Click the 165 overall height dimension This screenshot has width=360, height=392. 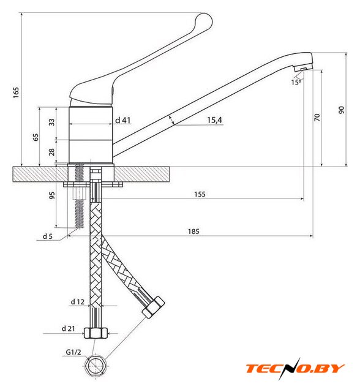pyautogui.click(x=16, y=92)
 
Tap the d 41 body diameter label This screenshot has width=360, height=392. pyautogui.click(x=122, y=120)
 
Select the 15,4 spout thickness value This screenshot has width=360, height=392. pyautogui.click(x=215, y=120)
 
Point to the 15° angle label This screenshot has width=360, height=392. pyautogui.click(x=296, y=82)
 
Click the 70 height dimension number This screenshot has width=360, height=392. pyautogui.click(x=317, y=117)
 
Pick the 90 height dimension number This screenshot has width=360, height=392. pyautogui.click(x=341, y=110)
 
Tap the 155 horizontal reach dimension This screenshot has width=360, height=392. pyautogui.click(x=200, y=194)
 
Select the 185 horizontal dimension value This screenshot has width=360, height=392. pyautogui.click(x=193, y=232)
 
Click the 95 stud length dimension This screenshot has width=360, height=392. pyautogui.click(x=51, y=195)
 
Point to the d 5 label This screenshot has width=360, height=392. pyautogui.click(x=48, y=236)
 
